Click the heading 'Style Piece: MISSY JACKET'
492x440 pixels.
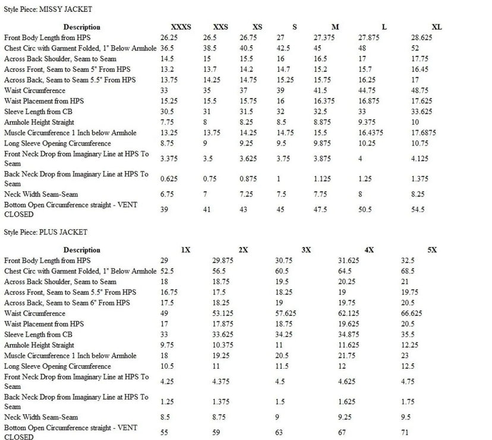pyautogui.click(x=48, y=10)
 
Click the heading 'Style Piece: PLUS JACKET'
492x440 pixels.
pyautogui.click(x=46, y=232)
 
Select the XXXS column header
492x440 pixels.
pyautogui.click(x=181, y=27)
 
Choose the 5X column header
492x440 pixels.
pyautogui.click(x=432, y=250)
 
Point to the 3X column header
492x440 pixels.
pyautogui.click(x=306, y=250)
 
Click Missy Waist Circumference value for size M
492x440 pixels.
pyautogui.click(x=321, y=90)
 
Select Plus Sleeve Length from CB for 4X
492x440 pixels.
pyautogui.click(x=349, y=335)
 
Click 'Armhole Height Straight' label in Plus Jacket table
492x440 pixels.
pyautogui.click(x=39, y=345)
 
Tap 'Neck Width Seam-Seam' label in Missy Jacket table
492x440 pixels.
pyautogui.click(x=41, y=194)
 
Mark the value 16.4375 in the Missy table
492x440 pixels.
pyautogui.click(x=373, y=132)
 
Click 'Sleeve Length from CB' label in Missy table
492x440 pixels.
pyautogui.click(x=40, y=112)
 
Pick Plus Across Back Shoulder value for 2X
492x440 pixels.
pyautogui.click(x=221, y=282)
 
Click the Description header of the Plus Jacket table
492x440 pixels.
pyautogui.click(x=82, y=250)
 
